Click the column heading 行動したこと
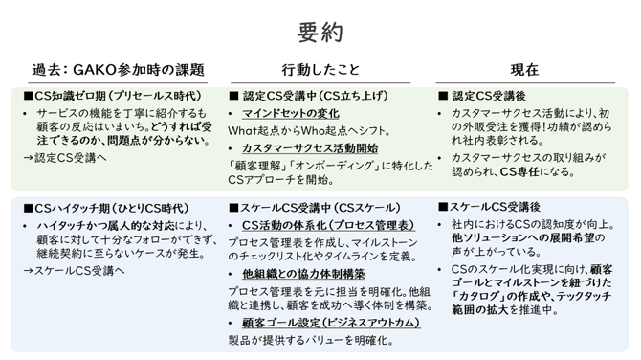(320, 70)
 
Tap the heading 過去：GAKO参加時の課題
(119, 70)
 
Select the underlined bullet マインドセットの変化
(288, 114)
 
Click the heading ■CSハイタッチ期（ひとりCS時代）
(108, 208)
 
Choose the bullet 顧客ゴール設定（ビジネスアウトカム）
(330, 323)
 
